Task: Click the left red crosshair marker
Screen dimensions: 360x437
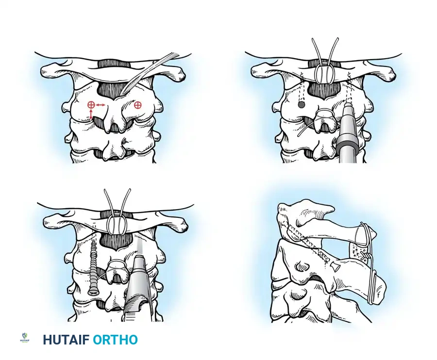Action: click(91, 105)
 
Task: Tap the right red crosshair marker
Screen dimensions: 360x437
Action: click(137, 105)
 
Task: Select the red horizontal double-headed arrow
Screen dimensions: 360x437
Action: click(101, 105)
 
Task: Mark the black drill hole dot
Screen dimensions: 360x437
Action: click(301, 104)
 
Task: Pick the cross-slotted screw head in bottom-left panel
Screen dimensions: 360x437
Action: click(93, 292)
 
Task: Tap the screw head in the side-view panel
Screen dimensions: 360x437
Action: click(335, 264)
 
